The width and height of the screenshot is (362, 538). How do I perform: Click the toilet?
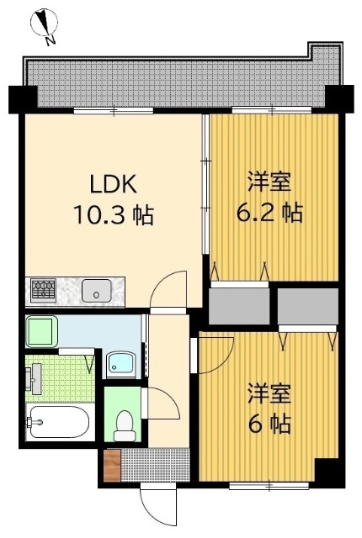click(125, 424)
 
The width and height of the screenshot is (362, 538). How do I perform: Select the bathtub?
click(57, 423)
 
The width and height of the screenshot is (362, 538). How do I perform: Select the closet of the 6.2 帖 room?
click(239, 304)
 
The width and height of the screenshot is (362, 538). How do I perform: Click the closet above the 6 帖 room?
click(307, 306)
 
